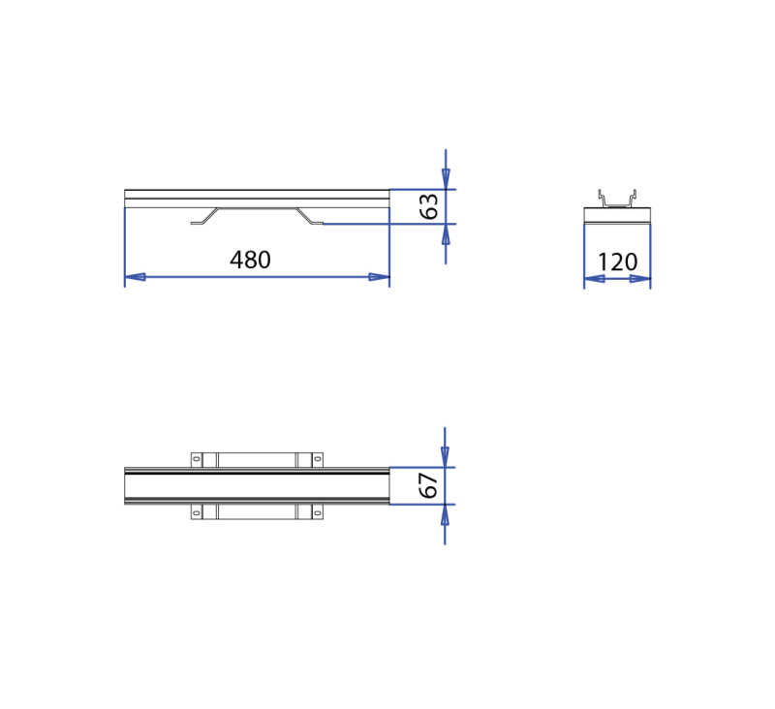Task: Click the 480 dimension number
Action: tap(250, 260)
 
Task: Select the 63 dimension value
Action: tap(428, 206)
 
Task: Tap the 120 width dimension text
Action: tap(617, 262)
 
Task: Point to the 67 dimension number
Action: tap(428, 485)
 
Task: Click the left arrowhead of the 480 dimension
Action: tap(135, 277)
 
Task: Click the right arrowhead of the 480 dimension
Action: tap(379, 277)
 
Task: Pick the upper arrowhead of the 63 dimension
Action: tap(446, 179)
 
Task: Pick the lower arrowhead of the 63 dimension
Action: tap(446, 234)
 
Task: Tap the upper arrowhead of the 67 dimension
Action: tap(445, 456)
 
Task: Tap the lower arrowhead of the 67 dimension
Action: tap(445, 515)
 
